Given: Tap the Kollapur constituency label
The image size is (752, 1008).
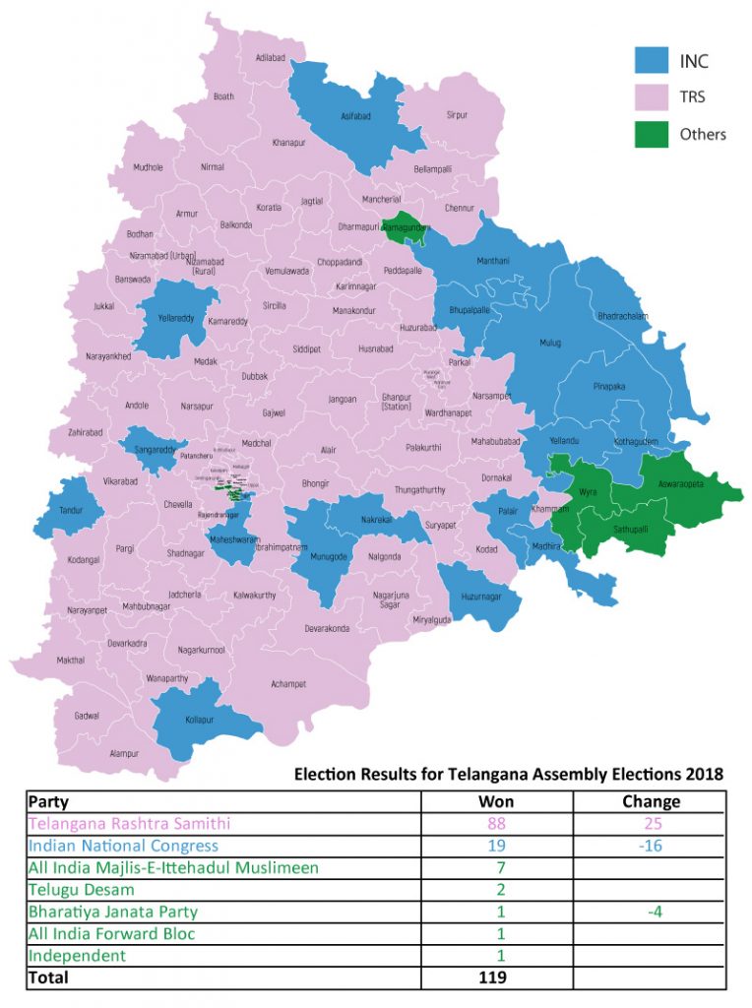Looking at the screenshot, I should click(200, 720).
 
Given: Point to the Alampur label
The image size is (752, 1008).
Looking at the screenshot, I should click(124, 753).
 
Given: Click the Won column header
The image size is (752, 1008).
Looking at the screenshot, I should click(495, 801).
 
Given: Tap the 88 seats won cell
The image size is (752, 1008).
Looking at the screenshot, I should click(495, 823).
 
